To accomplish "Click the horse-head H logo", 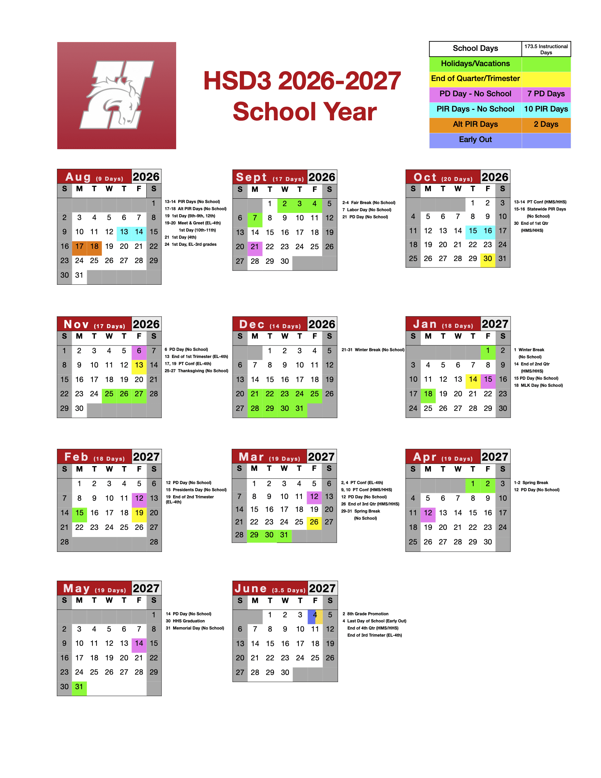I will point(117,96).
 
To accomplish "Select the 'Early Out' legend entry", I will point(475,140).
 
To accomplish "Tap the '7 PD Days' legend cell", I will point(546,94).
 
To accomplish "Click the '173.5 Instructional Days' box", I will point(546,49).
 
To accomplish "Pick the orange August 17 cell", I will point(79,246).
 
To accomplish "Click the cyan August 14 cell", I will point(139,232).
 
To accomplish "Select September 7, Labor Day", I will point(255,218).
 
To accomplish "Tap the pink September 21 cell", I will point(255,247).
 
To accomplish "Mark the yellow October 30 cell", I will point(488,259).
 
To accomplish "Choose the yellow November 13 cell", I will point(139,365).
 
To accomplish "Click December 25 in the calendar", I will point(314,394).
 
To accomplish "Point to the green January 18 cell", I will point(428,394).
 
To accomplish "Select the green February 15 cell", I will point(79,513).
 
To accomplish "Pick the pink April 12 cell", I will point(428,513).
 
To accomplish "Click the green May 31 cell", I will point(79,687).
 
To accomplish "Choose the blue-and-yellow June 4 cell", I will point(315,615).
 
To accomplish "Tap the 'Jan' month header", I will point(425,324).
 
